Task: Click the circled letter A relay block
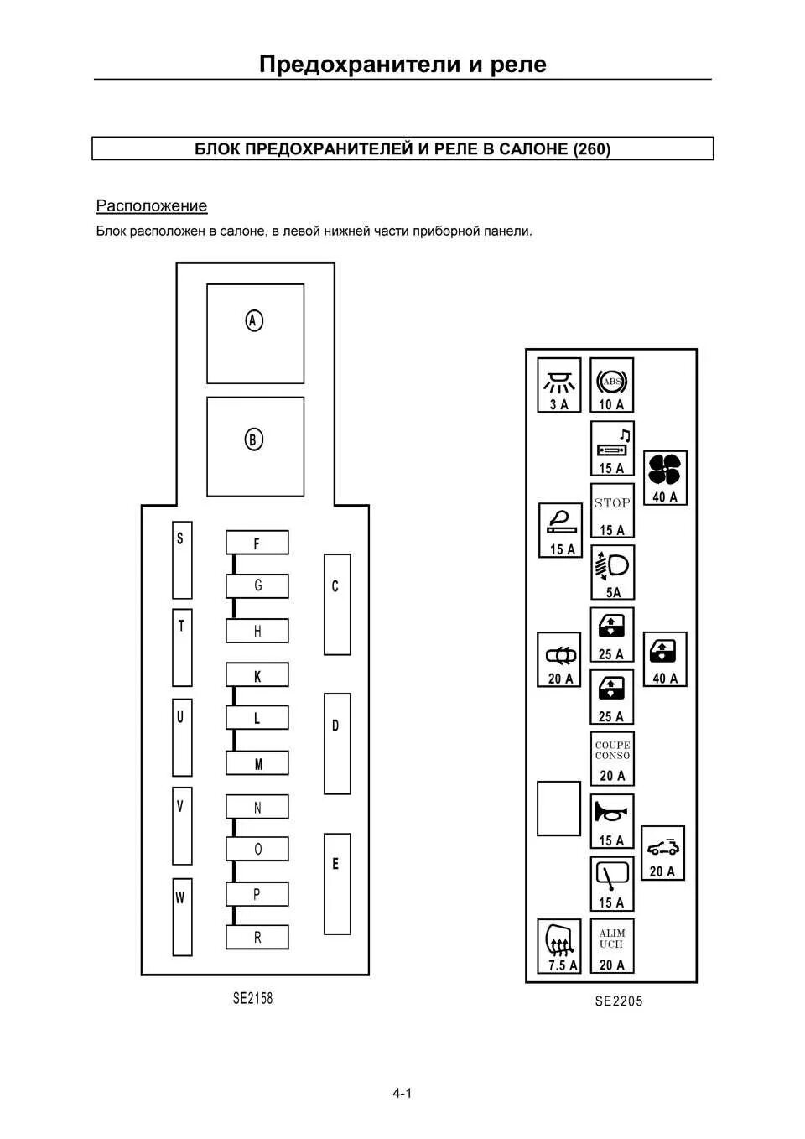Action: (255, 333)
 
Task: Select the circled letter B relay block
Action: (255, 446)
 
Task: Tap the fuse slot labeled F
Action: (257, 543)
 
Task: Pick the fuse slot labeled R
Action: (257, 937)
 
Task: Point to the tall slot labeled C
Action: (336, 604)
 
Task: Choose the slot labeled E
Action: (336, 883)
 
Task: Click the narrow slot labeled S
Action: (181, 559)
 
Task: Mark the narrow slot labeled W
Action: (181, 917)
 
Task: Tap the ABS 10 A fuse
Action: (611, 386)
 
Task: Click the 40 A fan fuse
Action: (664, 478)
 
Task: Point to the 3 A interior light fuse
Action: (558, 386)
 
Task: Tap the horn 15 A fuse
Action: (611, 821)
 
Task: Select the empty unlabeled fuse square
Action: (558, 809)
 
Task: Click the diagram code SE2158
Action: (252, 998)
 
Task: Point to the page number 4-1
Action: (402, 1093)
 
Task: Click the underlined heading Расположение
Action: (152, 206)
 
